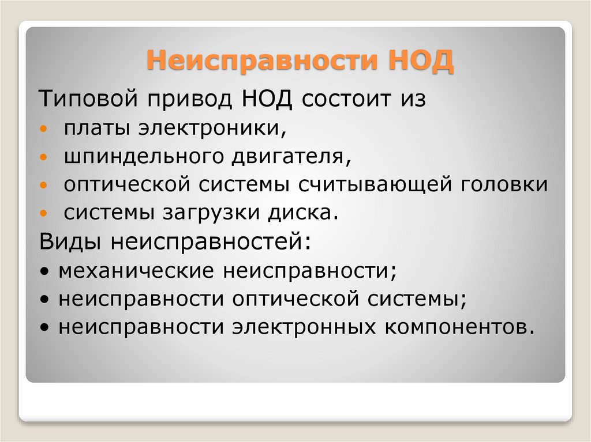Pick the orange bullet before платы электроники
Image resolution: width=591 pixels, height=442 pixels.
45,128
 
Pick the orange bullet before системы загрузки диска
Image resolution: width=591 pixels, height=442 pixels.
45,213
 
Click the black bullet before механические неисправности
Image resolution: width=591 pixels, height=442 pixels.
46,271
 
